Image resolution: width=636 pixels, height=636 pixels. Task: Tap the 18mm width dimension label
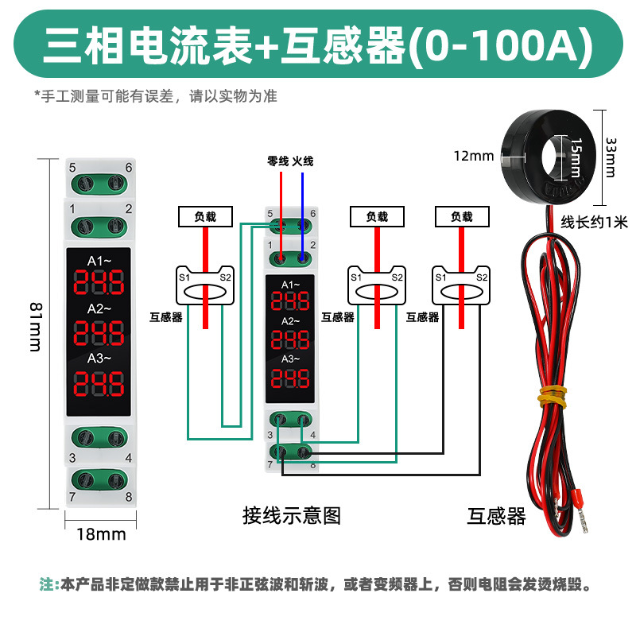click(101, 534)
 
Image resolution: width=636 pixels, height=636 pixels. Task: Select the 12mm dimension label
click(474, 155)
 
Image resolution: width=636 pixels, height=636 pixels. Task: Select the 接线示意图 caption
click(291, 516)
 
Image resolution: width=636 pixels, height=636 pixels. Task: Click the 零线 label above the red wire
click(278, 161)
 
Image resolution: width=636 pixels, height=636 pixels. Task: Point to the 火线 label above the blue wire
click(303, 161)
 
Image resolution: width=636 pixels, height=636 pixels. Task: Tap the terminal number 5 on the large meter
click(72, 168)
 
